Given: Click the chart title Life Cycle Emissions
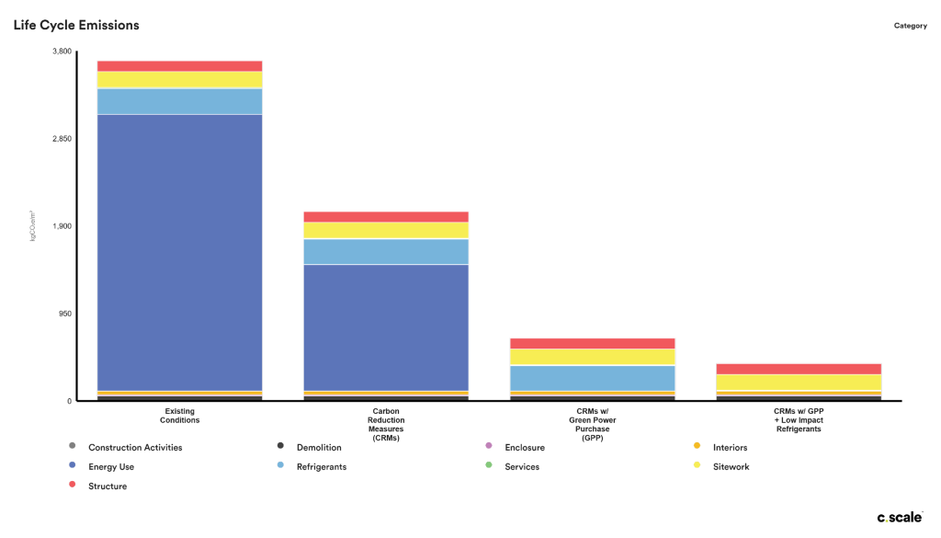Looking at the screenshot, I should [76, 25].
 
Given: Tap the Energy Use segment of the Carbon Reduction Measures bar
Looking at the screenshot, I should [386, 326].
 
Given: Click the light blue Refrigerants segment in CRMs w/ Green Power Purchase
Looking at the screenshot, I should [593, 378].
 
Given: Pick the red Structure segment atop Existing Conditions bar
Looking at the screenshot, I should [179, 66].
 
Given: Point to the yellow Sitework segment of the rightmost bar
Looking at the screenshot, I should [799, 382].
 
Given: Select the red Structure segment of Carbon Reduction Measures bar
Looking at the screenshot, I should [386, 217].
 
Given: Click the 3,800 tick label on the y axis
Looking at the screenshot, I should [62, 52].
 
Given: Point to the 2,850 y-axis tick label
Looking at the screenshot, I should [62, 139].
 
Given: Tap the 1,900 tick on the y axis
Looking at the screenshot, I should [62, 226].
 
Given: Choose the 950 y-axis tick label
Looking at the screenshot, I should [65, 314].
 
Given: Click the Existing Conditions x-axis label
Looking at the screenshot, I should [179, 416].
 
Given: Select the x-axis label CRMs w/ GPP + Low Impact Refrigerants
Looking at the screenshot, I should [799, 420].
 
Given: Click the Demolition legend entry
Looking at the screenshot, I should [318, 448].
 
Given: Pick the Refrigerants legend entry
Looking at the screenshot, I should [321, 467].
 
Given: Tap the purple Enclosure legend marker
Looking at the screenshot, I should [489, 447].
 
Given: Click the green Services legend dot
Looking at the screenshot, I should [489, 466].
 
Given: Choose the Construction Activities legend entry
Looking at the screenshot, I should [134, 448].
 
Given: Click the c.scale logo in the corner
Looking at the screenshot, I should [899, 518].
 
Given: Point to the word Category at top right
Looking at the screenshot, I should [910, 26].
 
